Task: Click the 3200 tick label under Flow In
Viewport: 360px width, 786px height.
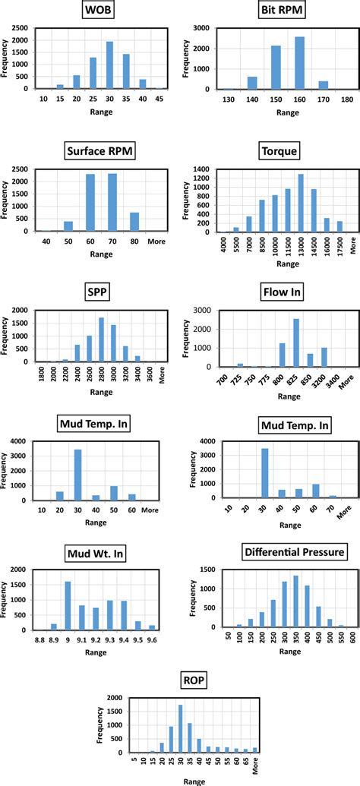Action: [x=324, y=379]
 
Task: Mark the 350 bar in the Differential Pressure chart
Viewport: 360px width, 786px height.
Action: [x=295, y=586]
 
